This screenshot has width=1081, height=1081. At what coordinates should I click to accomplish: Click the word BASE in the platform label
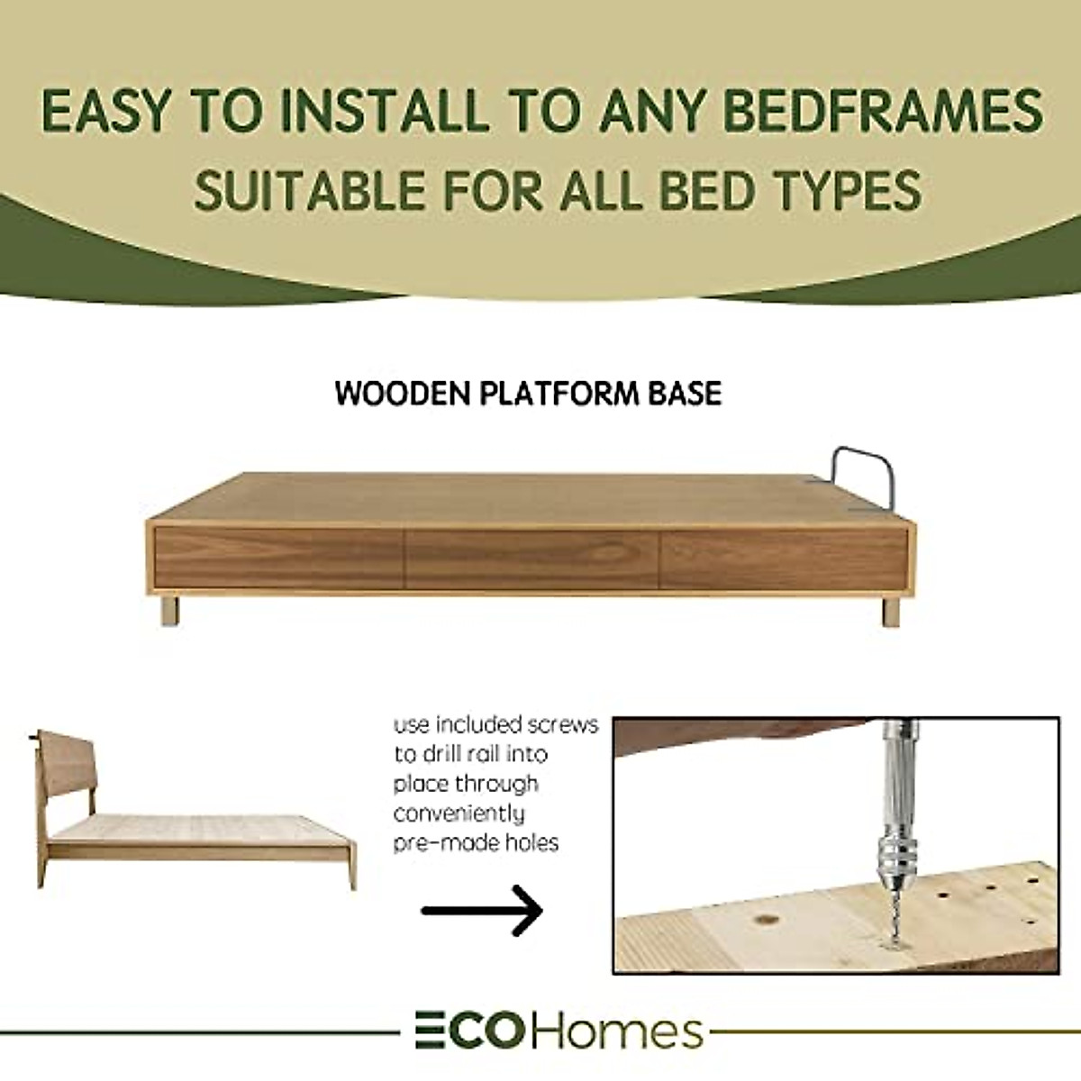click(x=682, y=394)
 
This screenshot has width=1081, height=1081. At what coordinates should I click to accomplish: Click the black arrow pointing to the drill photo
click(x=482, y=911)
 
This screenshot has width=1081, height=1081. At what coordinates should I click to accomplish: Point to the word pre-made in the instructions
click(x=435, y=843)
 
